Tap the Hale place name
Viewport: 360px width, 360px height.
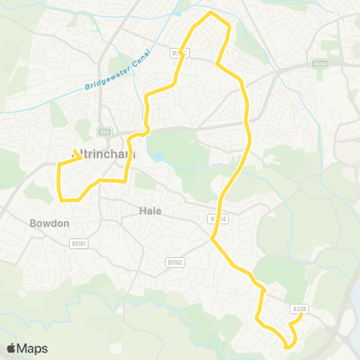click(150, 211)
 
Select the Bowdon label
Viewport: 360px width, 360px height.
click(49, 223)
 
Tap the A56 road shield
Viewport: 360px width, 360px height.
click(104, 132)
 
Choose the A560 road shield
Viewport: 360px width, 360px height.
click(320, 64)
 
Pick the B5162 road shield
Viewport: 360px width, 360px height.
click(174, 262)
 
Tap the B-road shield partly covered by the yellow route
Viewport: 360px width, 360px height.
click(178, 52)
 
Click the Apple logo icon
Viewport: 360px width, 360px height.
click(11, 348)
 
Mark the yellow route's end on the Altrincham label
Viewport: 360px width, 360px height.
click(80, 157)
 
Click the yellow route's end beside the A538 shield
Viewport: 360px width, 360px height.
click(300, 316)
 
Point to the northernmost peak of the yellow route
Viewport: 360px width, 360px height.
click(211, 13)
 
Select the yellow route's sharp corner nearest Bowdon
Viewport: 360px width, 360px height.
click(61, 199)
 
